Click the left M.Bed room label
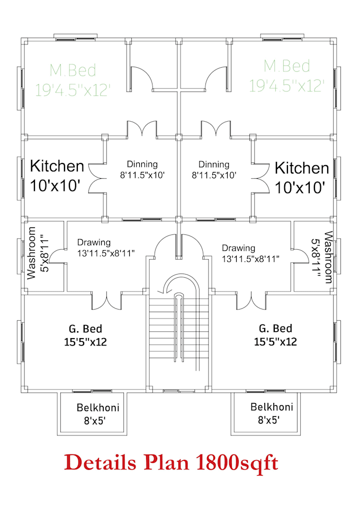pyautogui.click(x=73, y=79)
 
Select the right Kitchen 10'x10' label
pyautogui.click(x=302, y=177)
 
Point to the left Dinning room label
pyautogui.click(x=142, y=169)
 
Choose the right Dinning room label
pyautogui.click(x=214, y=169)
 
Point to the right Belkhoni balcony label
pyautogui.click(x=272, y=414)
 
